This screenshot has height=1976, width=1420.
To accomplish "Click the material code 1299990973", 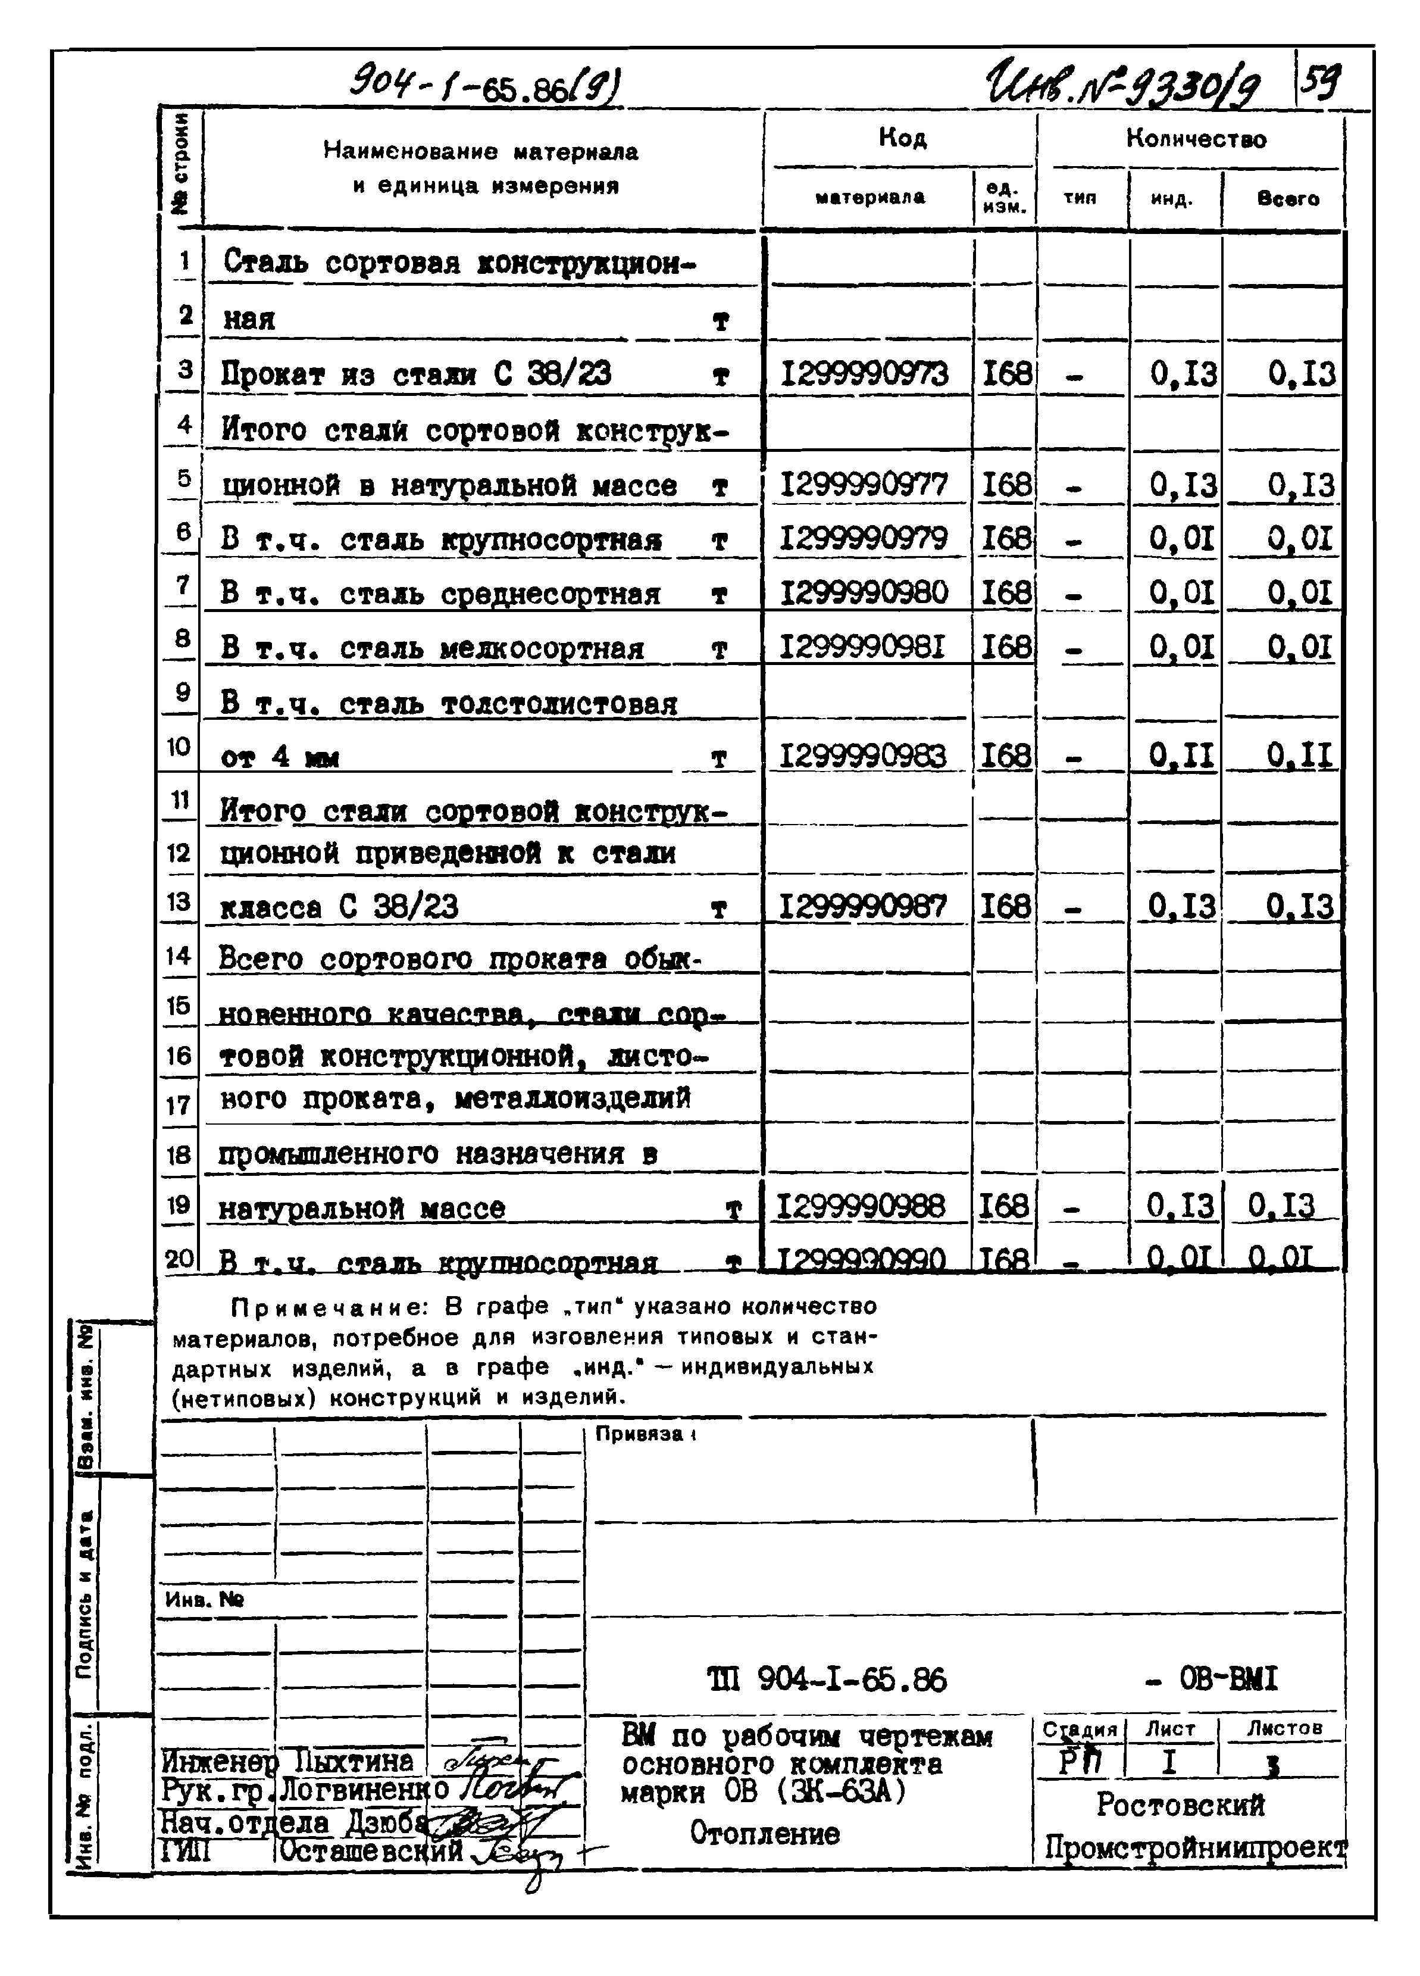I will point(864,374).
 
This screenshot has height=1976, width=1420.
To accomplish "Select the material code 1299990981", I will point(862,647).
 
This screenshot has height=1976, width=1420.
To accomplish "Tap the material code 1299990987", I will point(862,907).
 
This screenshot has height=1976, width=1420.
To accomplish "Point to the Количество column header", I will point(1195,139).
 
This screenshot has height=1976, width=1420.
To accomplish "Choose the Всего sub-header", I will point(1288,199).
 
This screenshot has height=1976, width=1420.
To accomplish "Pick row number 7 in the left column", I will point(182,585).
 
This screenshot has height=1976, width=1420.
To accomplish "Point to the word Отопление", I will point(764,1833).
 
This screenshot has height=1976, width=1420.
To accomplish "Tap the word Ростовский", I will point(1180,1805).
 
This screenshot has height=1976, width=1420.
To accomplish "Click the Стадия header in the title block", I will point(1080,1730).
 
